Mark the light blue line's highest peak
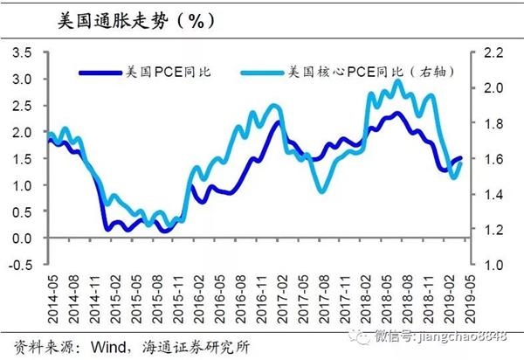398,81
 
